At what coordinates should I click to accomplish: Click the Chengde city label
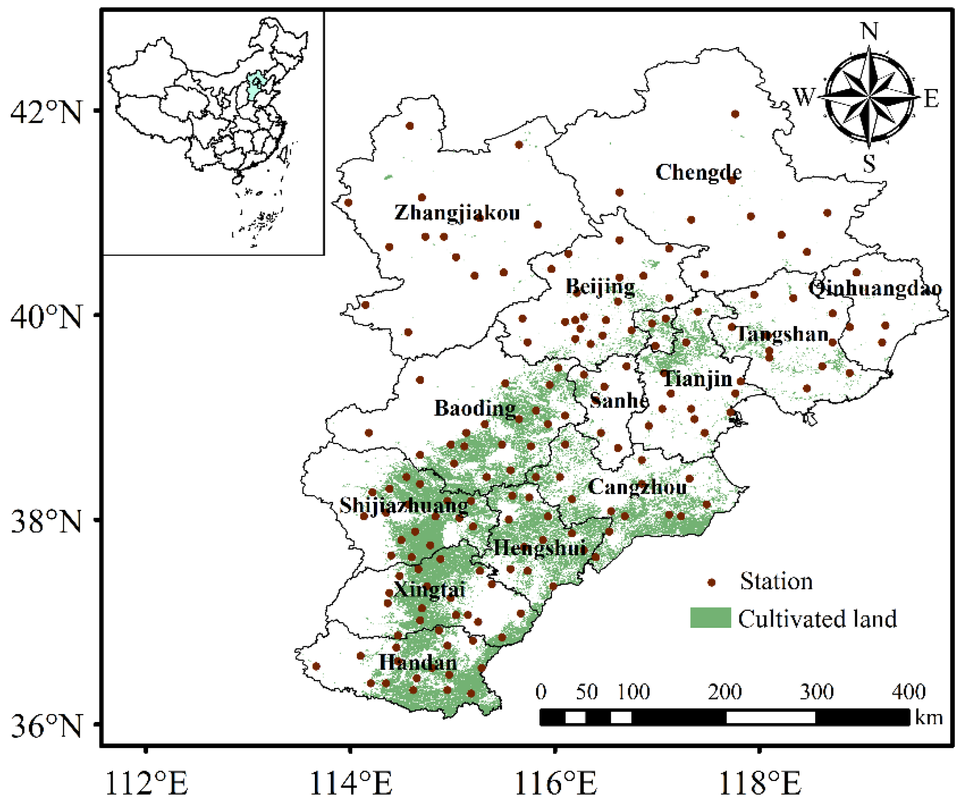click(x=698, y=172)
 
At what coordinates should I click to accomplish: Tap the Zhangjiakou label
click(x=457, y=213)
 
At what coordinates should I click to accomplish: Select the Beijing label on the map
click(x=600, y=287)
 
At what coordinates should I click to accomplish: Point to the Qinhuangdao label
click(x=874, y=289)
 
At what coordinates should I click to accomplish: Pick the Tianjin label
click(x=697, y=379)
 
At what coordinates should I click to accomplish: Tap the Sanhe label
click(x=619, y=401)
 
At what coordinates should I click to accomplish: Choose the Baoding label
click(x=475, y=408)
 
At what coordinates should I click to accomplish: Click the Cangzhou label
click(x=636, y=487)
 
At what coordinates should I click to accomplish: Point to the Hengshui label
click(x=539, y=548)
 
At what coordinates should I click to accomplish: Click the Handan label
click(x=417, y=663)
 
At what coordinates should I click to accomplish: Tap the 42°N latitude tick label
click(x=46, y=112)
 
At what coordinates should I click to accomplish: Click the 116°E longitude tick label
click(x=555, y=783)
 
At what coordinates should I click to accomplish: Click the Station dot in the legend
click(x=711, y=582)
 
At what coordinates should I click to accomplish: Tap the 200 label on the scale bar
click(x=725, y=692)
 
